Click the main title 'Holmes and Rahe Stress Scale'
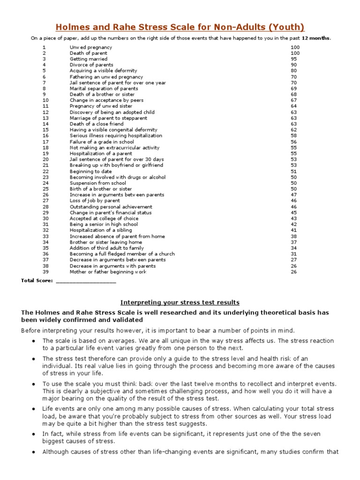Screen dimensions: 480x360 (180, 27)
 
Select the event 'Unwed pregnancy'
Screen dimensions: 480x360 (91, 47)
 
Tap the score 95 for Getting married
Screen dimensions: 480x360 (294, 59)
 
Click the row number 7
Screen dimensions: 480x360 (44, 82)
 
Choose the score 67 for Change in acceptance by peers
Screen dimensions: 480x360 (294, 100)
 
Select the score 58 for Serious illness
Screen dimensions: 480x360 (294, 135)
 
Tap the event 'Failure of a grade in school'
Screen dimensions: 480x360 (102, 142)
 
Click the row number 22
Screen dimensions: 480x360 (45, 171)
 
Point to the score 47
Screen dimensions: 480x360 (294, 195)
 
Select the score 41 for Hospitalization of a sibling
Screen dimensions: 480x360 (294, 230)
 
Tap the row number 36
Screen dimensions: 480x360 (45, 254)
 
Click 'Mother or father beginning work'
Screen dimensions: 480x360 (108, 271)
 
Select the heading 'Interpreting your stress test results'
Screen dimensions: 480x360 (180, 302)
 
